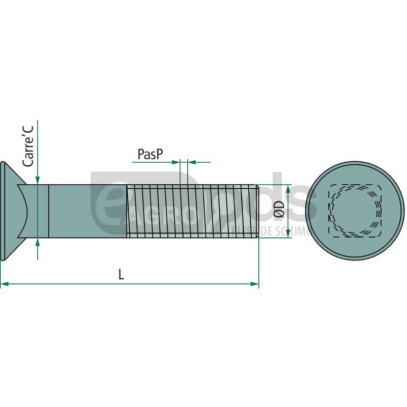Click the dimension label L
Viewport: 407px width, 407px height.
(121, 275)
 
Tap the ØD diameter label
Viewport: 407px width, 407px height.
(278, 210)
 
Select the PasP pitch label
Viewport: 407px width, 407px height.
(151, 154)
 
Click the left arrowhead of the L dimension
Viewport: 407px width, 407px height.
(4, 283)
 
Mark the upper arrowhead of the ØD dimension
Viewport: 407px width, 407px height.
(288, 189)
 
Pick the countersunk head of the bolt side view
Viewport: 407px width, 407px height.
(10, 211)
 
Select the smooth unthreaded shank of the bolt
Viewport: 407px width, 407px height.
(86, 211)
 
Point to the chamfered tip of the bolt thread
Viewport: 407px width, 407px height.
(258, 211)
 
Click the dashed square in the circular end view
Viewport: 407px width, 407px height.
(356, 210)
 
